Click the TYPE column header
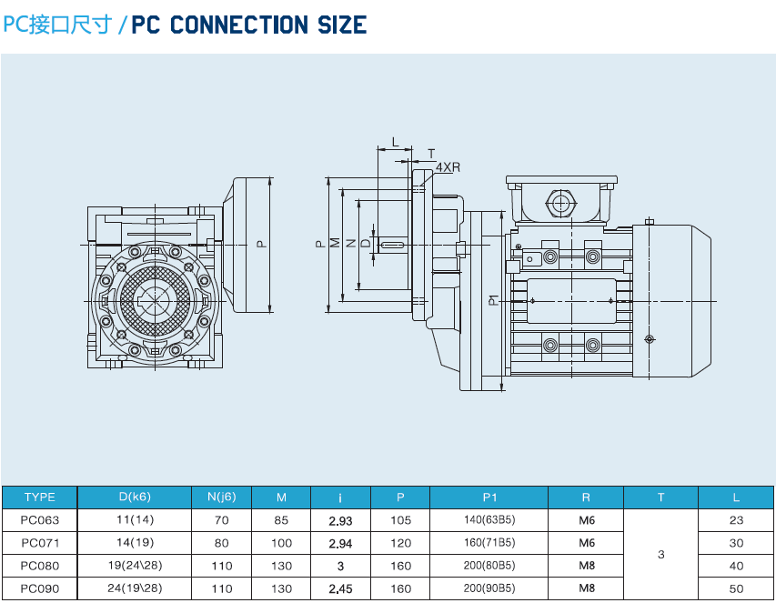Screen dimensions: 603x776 click(x=39, y=497)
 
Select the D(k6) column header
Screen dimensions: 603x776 click(x=135, y=497)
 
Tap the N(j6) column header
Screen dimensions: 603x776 click(x=222, y=497)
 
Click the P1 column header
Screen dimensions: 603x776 click(x=489, y=497)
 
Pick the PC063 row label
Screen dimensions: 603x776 click(x=39, y=520)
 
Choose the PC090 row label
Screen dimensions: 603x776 click(x=39, y=588)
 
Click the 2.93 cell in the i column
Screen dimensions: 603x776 click(x=340, y=520)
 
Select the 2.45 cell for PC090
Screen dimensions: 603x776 click(x=340, y=588)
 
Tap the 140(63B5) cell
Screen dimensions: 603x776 click(x=489, y=520)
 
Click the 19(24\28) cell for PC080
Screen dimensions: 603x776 click(x=135, y=566)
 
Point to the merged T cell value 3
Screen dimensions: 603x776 click(x=660, y=554)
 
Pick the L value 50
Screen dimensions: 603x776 click(x=737, y=588)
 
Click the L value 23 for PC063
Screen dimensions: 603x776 click(x=737, y=520)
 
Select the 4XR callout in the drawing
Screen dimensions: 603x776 click(x=448, y=167)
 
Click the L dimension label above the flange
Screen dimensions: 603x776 click(x=394, y=143)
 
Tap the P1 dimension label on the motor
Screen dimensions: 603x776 click(x=491, y=299)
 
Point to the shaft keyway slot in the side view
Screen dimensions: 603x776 click(x=393, y=245)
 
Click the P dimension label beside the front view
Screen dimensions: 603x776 click(x=260, y=244)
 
